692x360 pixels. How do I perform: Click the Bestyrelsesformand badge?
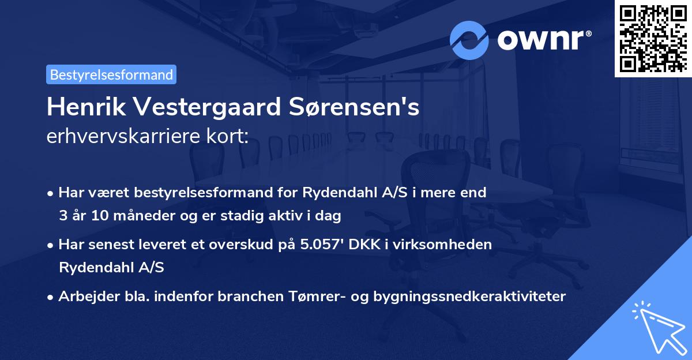111,74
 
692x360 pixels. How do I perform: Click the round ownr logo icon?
469,40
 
